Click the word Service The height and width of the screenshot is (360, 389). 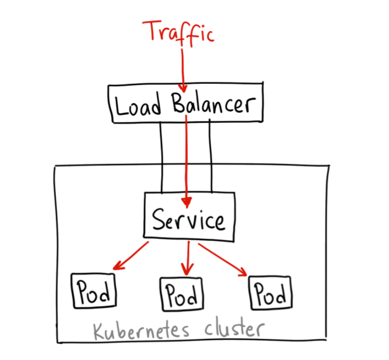coord(189,219)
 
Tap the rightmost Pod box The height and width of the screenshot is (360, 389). coord(269,291)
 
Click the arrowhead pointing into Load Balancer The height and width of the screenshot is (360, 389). coord(182,88)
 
